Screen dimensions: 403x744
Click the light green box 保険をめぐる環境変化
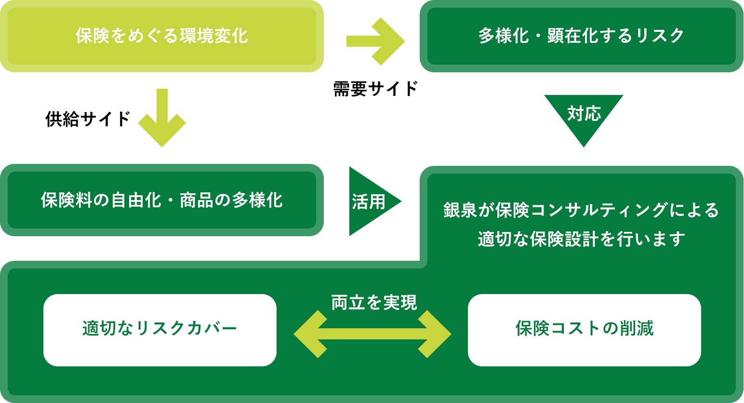pos(161,36)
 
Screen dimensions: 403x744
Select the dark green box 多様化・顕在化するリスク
pos(581,36)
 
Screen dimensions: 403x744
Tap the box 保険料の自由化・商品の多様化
pos(161,200)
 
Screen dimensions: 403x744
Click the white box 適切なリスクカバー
pos(160,330)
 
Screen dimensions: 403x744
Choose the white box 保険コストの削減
pos(584,330)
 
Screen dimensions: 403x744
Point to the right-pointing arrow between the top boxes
pos(375,41)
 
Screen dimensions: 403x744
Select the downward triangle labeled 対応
pos(584,116)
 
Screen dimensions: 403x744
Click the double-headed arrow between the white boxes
pos(372,334)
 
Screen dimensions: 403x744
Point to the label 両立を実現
pos(374,303)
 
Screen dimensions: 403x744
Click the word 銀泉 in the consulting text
pos(460,210)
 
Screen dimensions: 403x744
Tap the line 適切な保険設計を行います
pos(581,239)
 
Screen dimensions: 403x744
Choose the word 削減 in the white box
pos(636,329)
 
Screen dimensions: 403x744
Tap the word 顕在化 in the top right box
pos(566,36)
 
